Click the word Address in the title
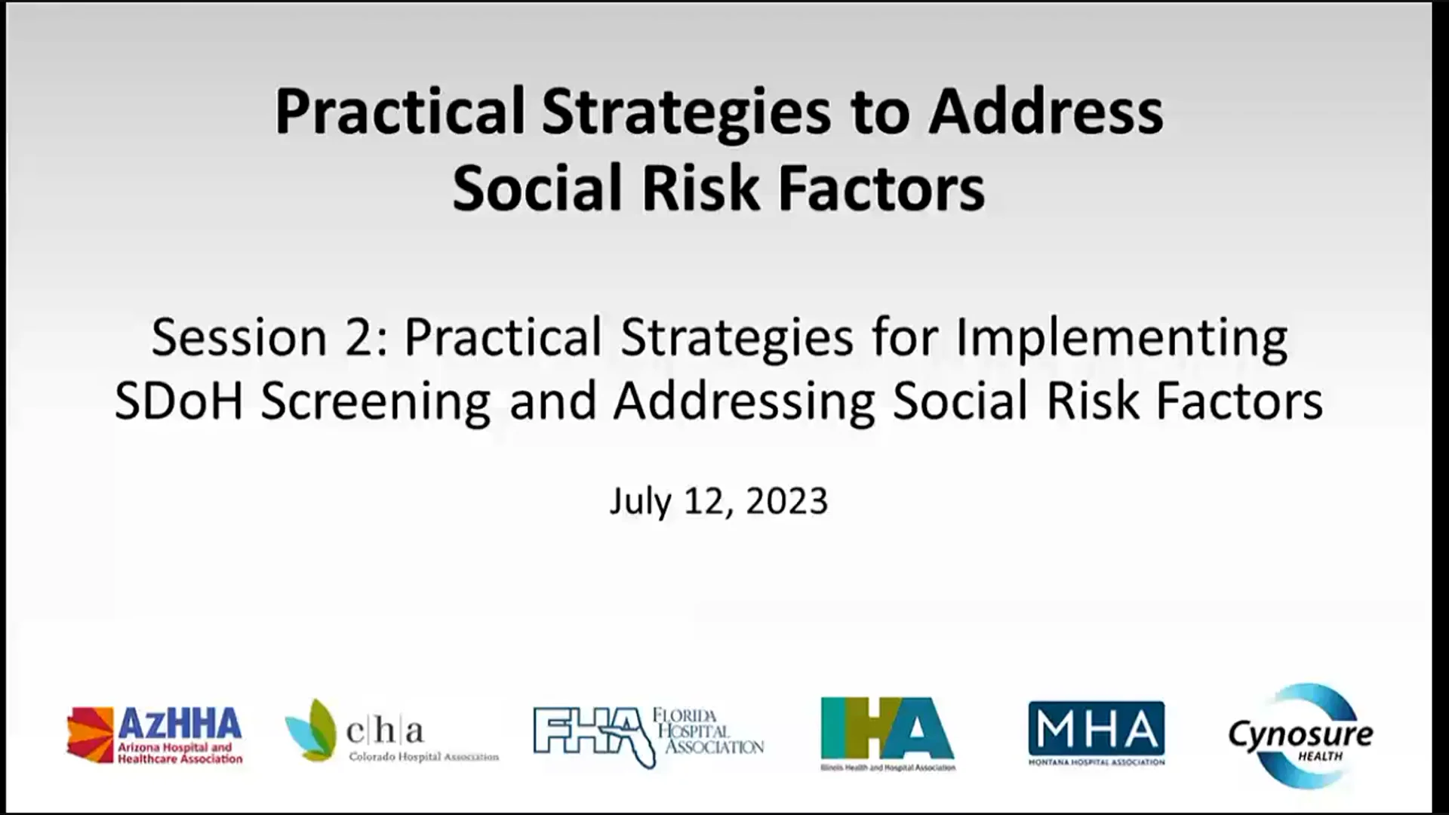tap(1045, 112)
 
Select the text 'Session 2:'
tap(269, 337)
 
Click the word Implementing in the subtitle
tap(1121, 337)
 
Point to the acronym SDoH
tap(179, 401)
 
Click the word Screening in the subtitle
tap(375, 401)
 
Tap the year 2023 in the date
tap(786, 501)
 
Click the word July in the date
tap(640, 501)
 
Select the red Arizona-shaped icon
tap(90, 734)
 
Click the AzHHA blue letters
tap(180, 724)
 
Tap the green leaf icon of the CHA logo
tap(312, 730)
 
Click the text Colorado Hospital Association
tap(423, 756)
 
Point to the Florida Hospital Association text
tap(708, 731)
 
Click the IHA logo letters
tap(887, 728)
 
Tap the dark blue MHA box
tap(1096, 728)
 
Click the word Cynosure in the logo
tap(1300, 733)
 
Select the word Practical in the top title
tap(399, 112)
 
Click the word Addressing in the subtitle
tap(744, 401)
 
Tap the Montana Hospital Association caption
tap(1096, 762)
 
